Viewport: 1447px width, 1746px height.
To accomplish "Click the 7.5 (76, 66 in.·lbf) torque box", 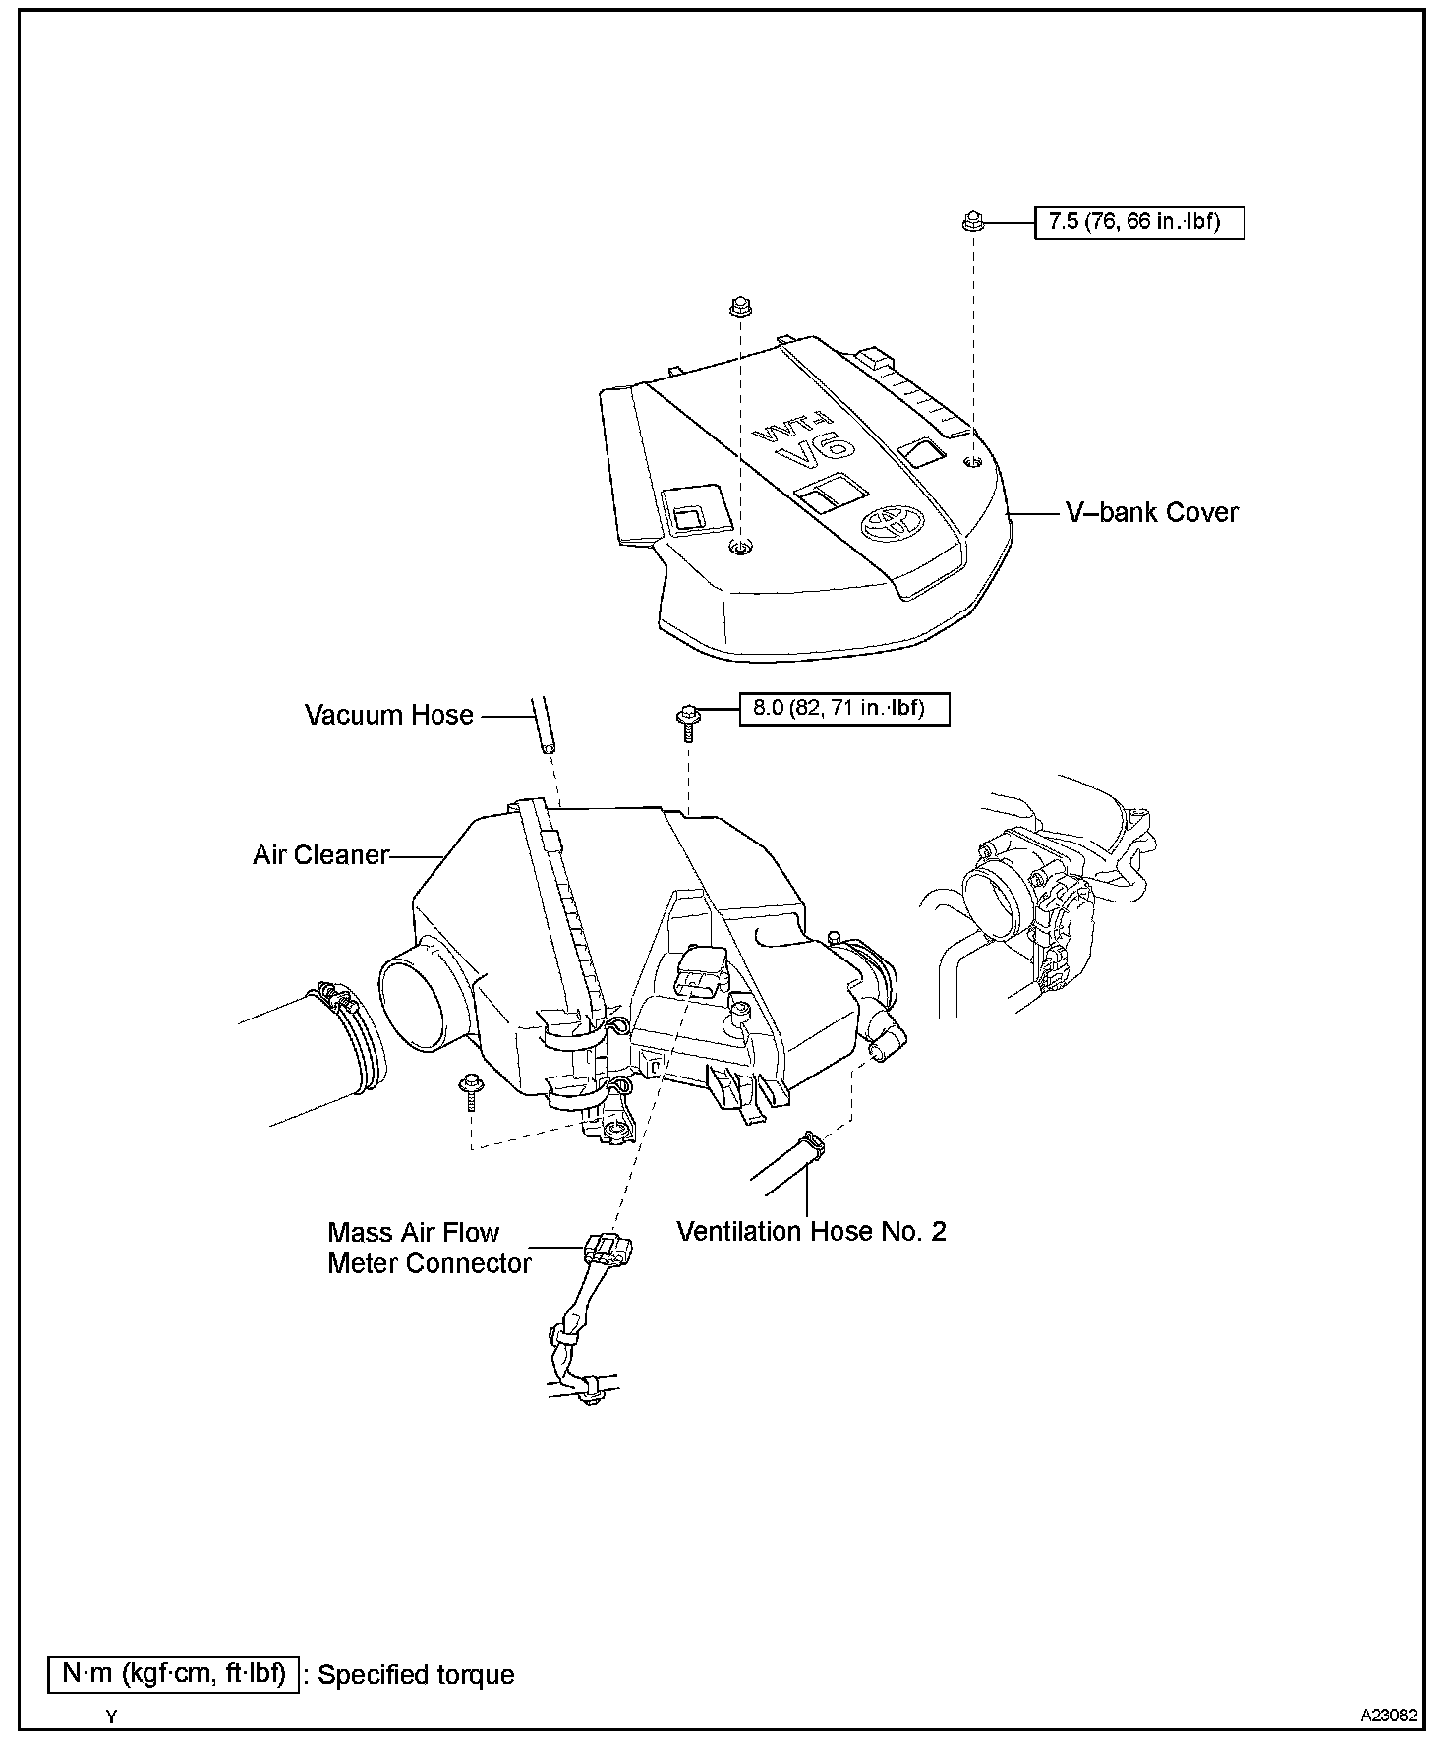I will tap(1139, 222).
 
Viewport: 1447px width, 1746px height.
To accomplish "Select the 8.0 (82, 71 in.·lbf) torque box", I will tap(844, 709).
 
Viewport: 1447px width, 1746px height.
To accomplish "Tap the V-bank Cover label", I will tap(1152, 512).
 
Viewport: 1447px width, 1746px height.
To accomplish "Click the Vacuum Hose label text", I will tap(389, 715).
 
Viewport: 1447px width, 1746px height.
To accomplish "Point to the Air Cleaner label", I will tap(320, 855).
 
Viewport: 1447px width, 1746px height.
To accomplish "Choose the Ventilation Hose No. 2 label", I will tap(811, 1231).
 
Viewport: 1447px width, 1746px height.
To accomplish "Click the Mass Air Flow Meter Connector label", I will tap(429, 1248).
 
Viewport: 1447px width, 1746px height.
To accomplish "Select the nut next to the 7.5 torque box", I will tap(972, 222).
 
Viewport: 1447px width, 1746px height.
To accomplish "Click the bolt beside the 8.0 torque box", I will tap(688, 716).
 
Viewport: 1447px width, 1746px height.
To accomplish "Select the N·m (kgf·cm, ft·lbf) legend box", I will tap(174, 1673).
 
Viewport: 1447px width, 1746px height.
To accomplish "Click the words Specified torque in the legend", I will tap(416, 1675).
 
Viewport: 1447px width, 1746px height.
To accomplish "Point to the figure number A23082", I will tap(1388, 1716).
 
